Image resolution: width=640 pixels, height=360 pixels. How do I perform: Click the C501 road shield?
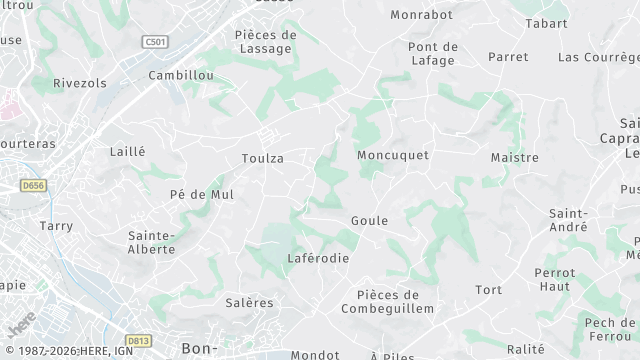pyautogui.click(x=155, y=42)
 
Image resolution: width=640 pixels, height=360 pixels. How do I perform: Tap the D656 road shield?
pyautogui.click(x=34, y=185)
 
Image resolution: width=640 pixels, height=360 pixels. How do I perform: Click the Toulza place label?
pyautogui.click(x=262, y=158)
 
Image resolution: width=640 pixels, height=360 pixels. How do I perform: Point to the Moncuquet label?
pyautogui.click(x=393, y=155)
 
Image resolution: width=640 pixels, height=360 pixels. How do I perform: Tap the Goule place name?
pyautogui.click(x=369, y=220)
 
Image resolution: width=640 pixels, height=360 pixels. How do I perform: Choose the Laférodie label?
pyautogui.click(x=318, y=258)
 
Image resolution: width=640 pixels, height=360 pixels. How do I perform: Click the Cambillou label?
pyautogui.click(x=180, y=75)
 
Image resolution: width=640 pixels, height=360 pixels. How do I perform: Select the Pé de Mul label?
pyautogui.click(x=202, y=194)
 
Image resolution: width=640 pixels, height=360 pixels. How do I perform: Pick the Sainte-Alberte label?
pyautogui.click(x=152, y=242)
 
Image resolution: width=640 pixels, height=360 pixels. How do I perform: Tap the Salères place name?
pyautogui.click(x=249, y=303)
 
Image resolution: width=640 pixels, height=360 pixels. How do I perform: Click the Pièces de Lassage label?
pyautogui.click(x=265, y=41)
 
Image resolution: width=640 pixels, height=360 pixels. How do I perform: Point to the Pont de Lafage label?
pyautogui.click(x=433, y=53)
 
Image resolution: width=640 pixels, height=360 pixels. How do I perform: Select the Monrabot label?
pyautogui.click(x=421, y=15)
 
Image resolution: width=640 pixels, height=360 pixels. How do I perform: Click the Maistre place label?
pyautogui.click(x=514, y=157)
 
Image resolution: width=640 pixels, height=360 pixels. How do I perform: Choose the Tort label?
pyautogui.click(x=488, y=290)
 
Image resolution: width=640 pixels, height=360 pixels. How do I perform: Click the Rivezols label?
pyautogui.click(x=79, y=83)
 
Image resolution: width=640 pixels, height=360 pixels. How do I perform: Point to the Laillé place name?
pyautogui.click(x=127, y=151)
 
